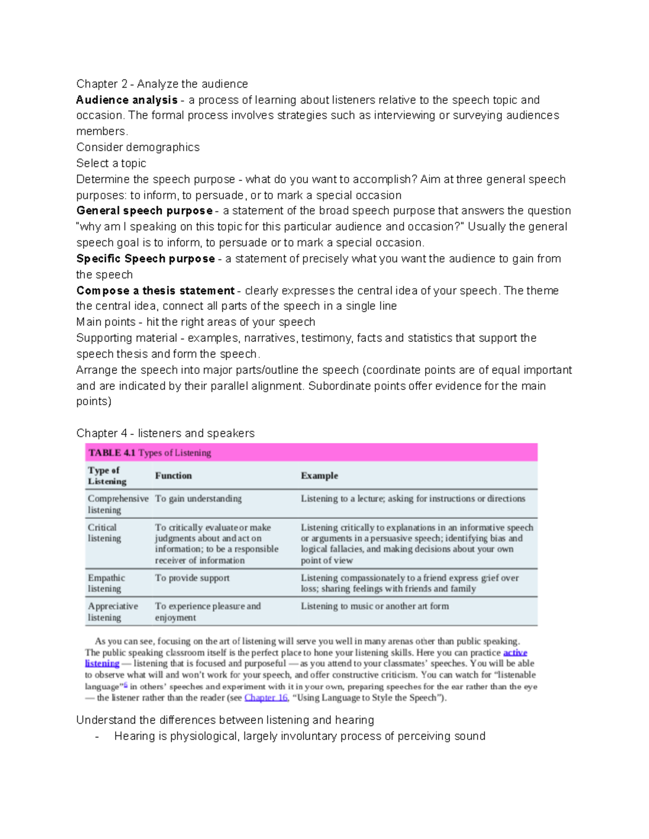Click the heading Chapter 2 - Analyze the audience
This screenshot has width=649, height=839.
162,84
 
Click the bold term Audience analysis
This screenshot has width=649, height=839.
127,100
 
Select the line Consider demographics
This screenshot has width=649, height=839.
137,147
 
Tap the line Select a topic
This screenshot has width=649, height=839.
111,163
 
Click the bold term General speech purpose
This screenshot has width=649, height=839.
144,211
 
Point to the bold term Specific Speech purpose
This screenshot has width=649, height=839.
145,259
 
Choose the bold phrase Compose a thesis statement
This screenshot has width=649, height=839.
155,291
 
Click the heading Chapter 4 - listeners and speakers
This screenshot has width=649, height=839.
165,433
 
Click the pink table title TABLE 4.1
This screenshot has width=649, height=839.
112,453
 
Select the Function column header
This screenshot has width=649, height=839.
173,475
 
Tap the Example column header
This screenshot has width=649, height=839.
319,475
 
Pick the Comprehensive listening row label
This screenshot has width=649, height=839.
117,504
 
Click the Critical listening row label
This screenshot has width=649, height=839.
104,533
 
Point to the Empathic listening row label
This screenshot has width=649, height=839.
106,583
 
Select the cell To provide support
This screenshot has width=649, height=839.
192,578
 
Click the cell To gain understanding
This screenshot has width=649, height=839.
198,499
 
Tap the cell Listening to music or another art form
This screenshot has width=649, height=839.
374,606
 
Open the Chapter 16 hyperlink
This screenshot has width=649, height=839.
266,698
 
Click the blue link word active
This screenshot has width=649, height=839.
515,653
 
